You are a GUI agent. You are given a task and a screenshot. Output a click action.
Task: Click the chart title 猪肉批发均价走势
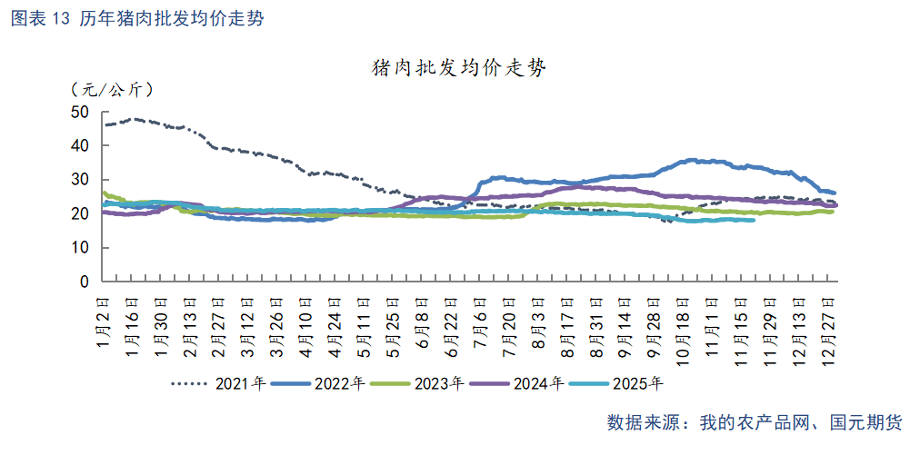click(459, 68)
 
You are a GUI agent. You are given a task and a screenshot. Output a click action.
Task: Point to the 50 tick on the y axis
click(79, 112)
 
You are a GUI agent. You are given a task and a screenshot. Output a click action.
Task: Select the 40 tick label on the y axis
click(79, 145)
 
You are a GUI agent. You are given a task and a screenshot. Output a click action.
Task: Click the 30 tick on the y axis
click(79, 180)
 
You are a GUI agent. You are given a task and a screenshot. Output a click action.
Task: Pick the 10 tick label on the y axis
click(79, 248)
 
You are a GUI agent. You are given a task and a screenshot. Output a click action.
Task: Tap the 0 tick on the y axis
click(84, 282)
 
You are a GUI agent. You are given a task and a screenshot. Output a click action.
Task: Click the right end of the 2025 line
click(753, 220)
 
